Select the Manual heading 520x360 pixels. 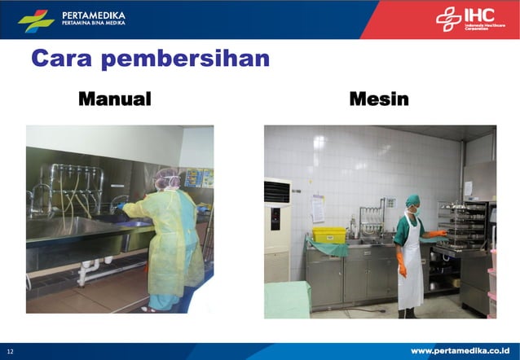115,99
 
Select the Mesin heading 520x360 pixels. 379,99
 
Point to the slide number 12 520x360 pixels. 11,351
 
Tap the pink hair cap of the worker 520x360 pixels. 168,177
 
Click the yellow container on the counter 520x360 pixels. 329,235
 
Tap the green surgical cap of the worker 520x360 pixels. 412,200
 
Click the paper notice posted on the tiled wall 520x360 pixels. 317,209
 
